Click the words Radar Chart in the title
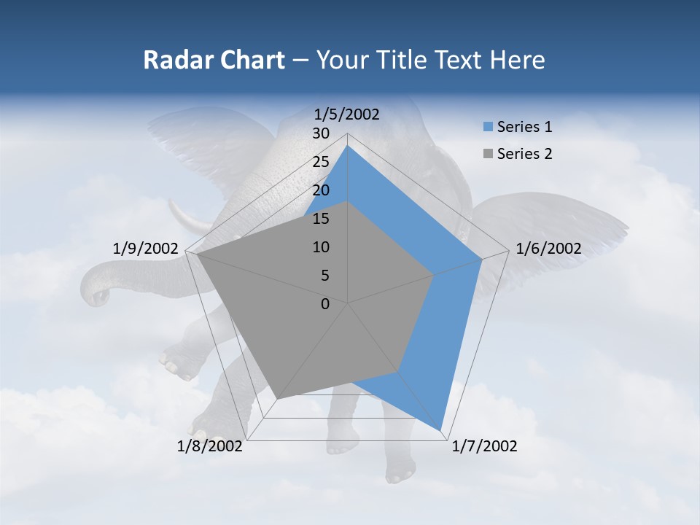pyautogui.click(x=213, y=60)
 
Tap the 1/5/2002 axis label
pyautogui.click(x=347, y=114)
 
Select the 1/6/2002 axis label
pyautogui.click(x=548, y=249)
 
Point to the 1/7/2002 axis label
pyautogui.click(x=484, y=446)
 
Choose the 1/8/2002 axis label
pyautogui.click(x=210, y=446)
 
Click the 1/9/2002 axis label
pyautogui.click(x=146, y=249)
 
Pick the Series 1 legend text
pyautogui.click(x=524, y=127)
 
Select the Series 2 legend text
pyautogui.click(x=524, y=154)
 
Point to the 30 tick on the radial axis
pyautogui.click(x=321, y=134)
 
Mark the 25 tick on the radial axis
pyautogui.click(x=321, y=162)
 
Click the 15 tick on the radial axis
pyautogui.click(x=321, y=219)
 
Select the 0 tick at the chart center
pyautogui.click(x=325, y=304)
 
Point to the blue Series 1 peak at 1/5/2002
pyautogui.click(x=348, y=146)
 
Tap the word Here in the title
pyautogui.click(x=518, y=60)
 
